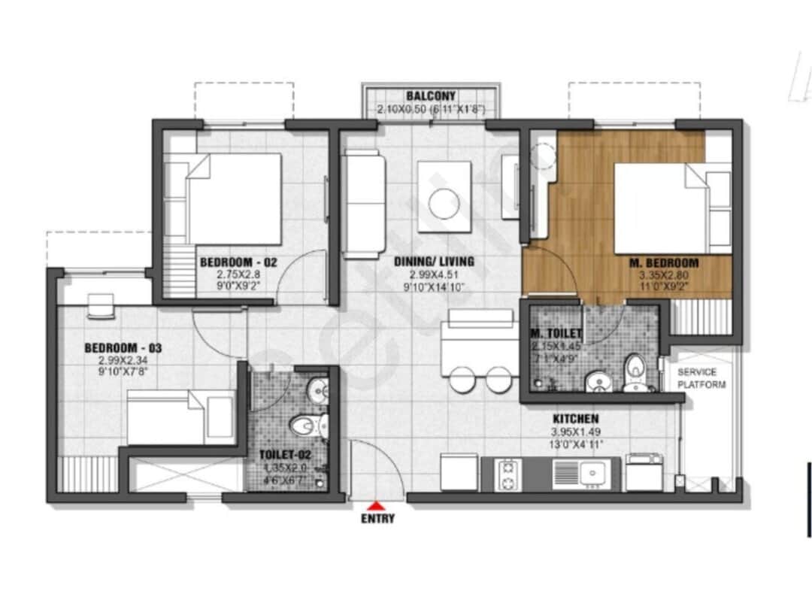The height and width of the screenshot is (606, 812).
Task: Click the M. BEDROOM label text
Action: coord(663,263)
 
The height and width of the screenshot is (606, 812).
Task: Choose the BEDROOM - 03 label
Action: coord(123,348)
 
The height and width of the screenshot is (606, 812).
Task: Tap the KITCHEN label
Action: coord(575,418)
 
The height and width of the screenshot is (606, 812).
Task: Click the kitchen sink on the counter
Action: coord(586,473)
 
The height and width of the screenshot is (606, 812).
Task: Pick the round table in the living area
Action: coord(444,201)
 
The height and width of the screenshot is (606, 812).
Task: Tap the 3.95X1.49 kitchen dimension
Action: coord(575,432)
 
